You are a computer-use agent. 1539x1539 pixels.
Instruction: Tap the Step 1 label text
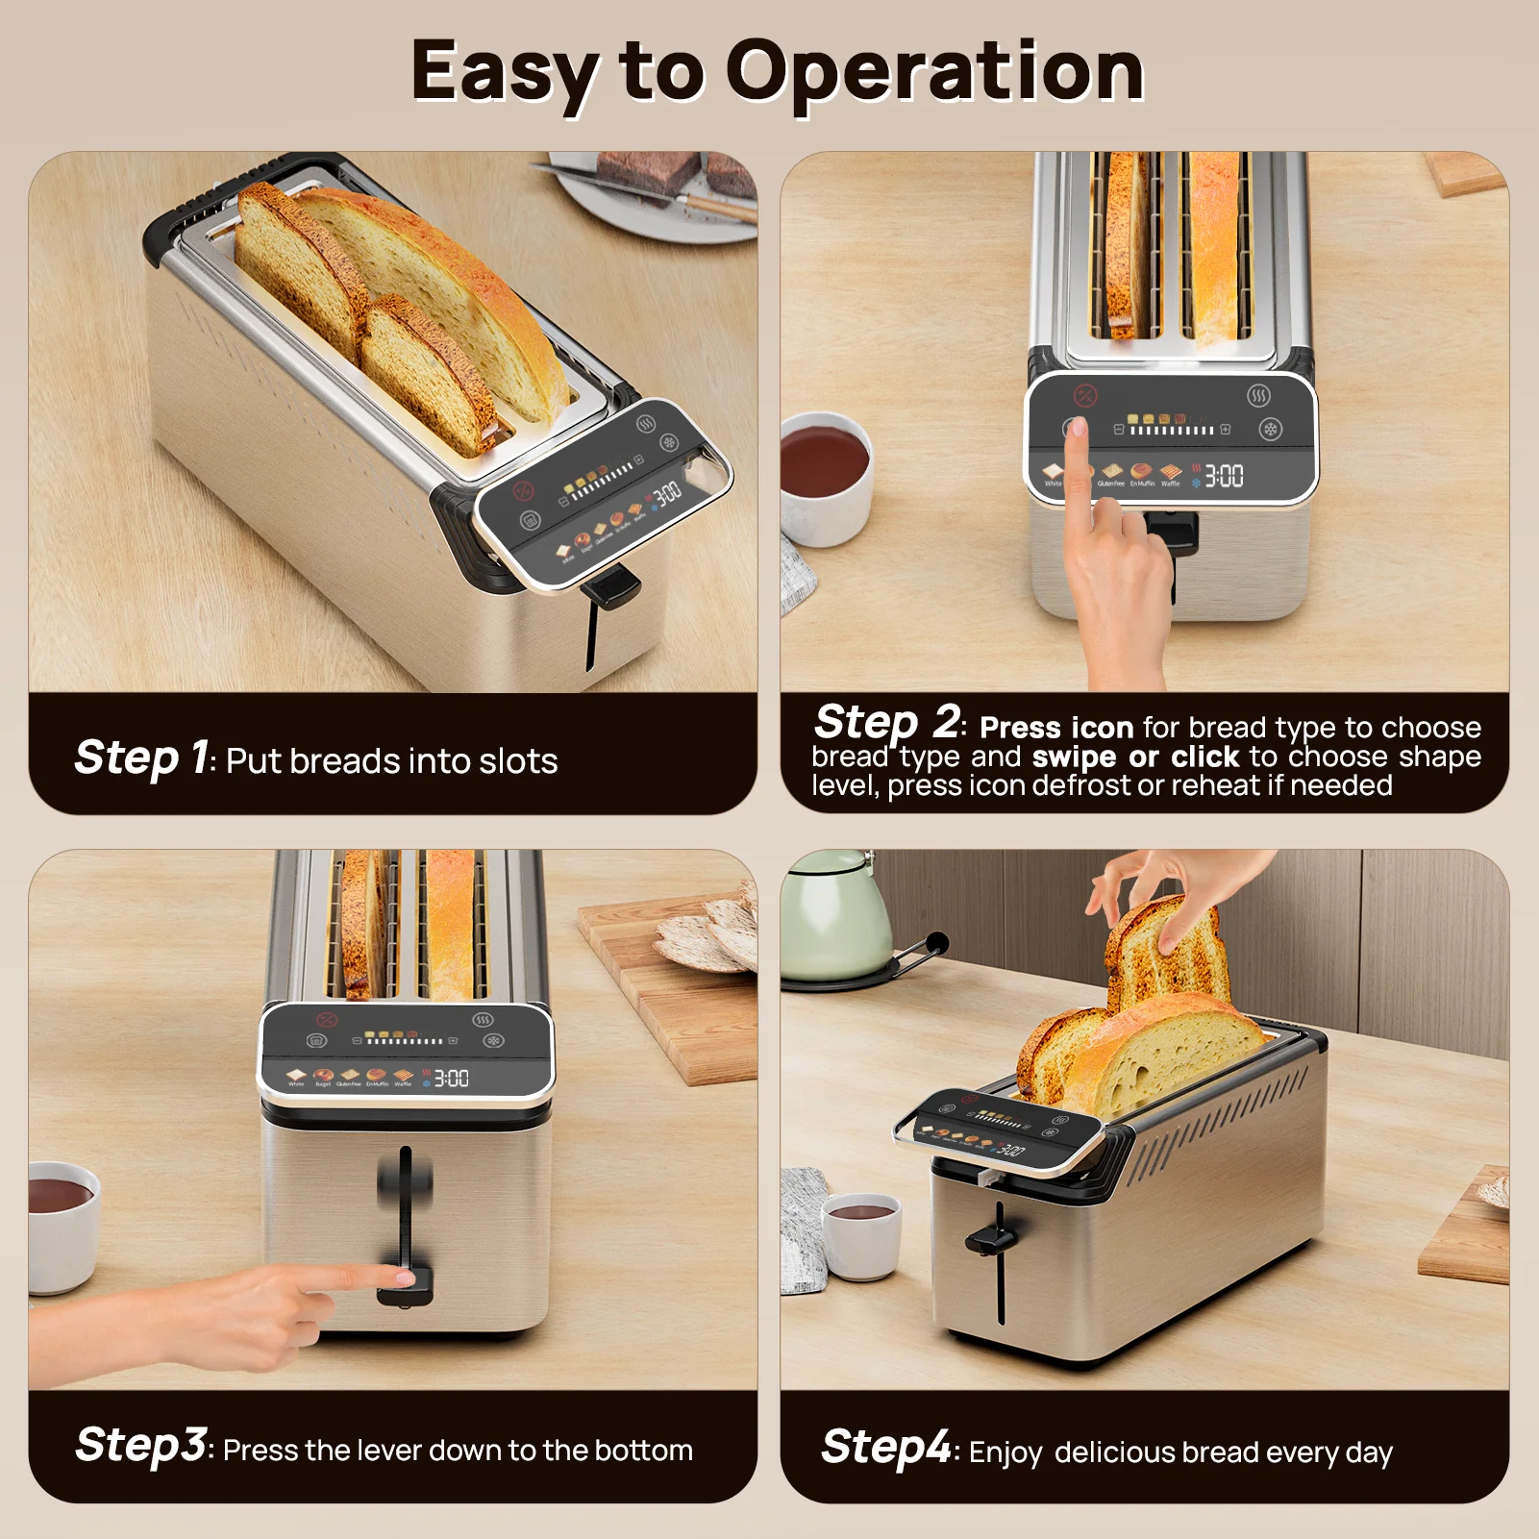(x=142, y=757)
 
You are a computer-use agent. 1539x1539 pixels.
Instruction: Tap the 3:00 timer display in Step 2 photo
(x=1223, y=476)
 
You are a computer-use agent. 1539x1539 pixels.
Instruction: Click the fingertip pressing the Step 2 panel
(x=1078, y=427)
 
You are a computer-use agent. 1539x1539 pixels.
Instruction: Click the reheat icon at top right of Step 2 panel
(x=1258, y=395)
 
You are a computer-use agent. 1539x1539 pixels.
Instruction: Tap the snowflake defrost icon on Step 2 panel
(x=1270, y=430)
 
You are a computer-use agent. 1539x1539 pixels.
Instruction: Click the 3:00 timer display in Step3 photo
(x=451, y=1079)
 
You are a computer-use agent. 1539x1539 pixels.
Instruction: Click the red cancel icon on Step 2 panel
(x=1084, y=395)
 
